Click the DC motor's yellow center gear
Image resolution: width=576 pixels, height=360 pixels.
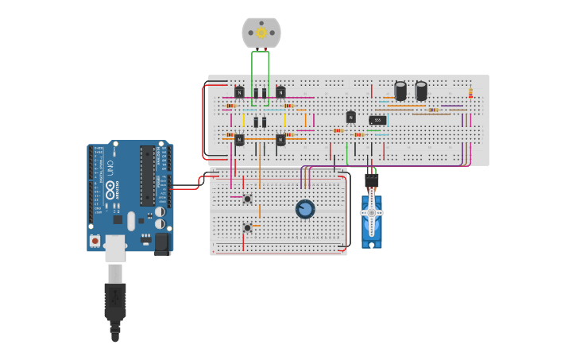tap(261, 33)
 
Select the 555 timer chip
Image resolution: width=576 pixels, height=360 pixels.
tap(377, 120)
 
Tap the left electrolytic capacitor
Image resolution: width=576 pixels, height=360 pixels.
tap(400, 91)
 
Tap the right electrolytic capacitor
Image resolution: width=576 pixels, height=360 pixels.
tap(421, 91)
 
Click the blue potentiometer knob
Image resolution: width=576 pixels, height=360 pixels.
tap(305, 209)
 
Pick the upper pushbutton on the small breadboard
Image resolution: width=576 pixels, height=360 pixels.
tap(247, 199)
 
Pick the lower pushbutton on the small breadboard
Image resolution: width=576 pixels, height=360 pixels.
tap(247, 227)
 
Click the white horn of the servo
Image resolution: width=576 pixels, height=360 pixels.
tap(371, 213)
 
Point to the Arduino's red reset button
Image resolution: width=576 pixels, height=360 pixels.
tap(95, 240)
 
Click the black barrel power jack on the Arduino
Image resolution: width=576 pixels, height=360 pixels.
tap(162, 242)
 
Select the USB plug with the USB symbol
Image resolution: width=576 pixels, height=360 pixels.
tap(115, 300)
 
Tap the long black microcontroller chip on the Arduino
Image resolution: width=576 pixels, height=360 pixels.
tap(147, 176)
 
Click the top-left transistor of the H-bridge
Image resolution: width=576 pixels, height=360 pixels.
tap(239, 92)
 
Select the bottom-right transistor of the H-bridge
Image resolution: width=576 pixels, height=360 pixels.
tap(280, 140)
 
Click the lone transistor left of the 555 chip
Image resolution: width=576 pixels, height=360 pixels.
tap(350, 118)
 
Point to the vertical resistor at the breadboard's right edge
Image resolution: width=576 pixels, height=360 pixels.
tap(470, 93)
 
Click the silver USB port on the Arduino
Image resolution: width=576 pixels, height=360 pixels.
tap(115, 247)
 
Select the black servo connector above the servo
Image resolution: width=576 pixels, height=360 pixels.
tap(371, 180)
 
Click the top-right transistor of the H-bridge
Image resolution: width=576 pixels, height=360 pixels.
tap(280, 92)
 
